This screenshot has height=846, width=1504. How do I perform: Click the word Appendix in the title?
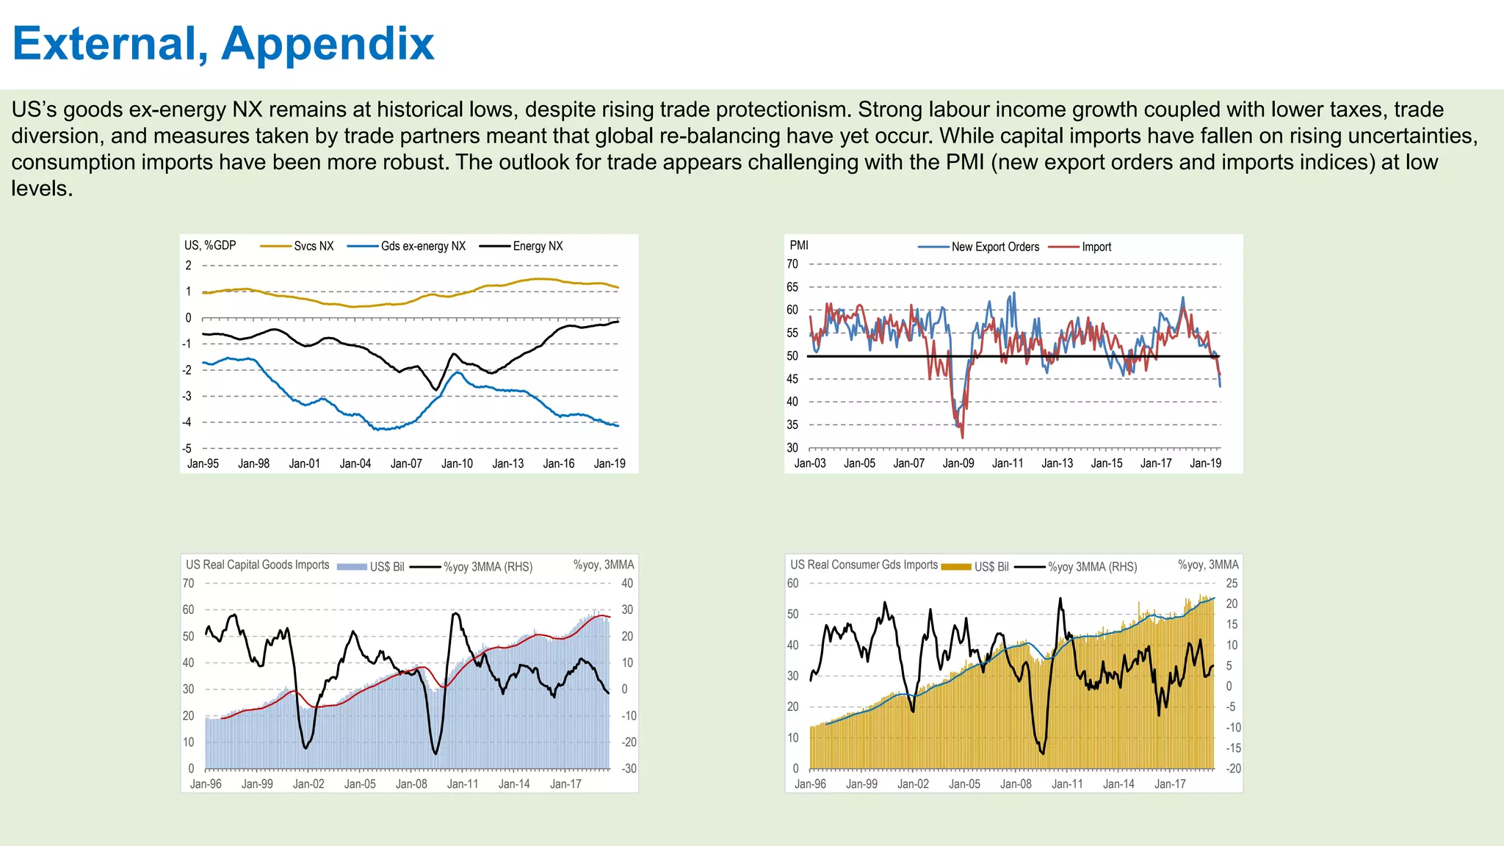click(x=328, y=44)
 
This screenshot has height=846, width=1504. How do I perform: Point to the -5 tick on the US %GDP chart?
click(x=188, y=448)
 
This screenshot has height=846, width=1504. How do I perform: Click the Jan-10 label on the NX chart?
click(x=457, y=463)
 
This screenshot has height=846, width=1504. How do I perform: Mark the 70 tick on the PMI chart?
click(x=792, y=264)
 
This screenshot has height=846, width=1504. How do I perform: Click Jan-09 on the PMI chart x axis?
click(x=958, y=463)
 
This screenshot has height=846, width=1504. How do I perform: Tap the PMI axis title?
click(x=799, y=245)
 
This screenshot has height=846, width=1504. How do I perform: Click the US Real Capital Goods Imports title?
click(x=257, y=565)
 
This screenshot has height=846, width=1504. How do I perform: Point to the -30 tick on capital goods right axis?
click(x=629, y=769)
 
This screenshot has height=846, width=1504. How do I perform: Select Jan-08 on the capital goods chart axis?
click(x=411, y=784)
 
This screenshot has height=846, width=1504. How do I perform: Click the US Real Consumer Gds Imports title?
click(x=864, y=565)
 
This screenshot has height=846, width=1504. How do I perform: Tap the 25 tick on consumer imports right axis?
click(x=1232, y=584)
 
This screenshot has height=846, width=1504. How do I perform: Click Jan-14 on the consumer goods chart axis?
click(x=1118, y=784)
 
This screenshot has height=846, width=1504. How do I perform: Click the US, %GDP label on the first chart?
click(x=210, y=245)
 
